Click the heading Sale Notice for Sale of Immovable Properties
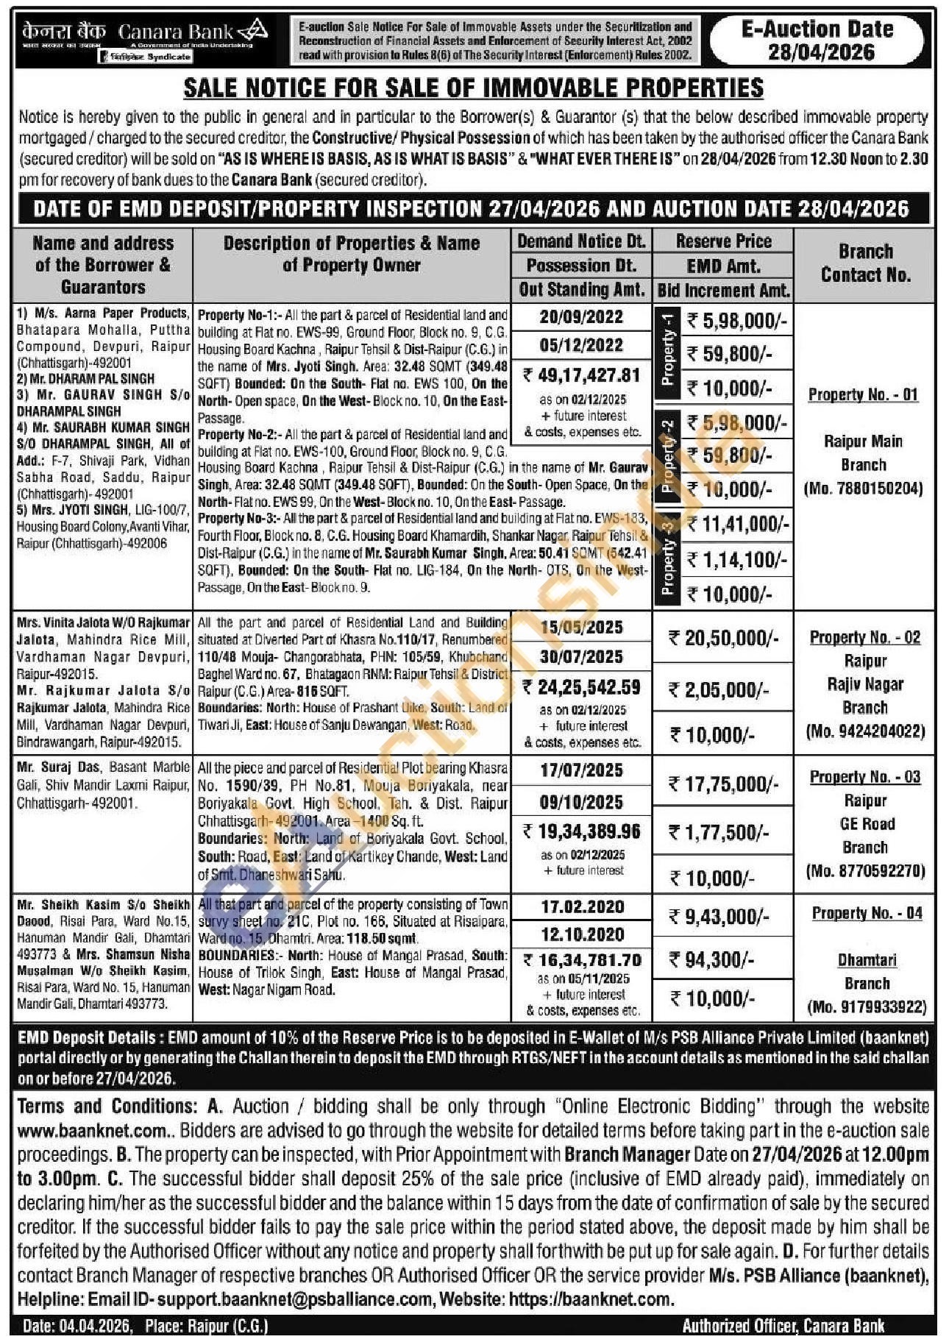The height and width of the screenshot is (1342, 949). pyautogui.click(x=473, y=88)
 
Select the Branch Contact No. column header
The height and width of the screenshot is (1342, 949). pyautogui.click(x=865, y=263)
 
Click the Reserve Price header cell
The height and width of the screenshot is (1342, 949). pyautogui.click(x=723, y=241)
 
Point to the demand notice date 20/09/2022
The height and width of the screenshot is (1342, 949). pyautogui.click(x=580, y=317)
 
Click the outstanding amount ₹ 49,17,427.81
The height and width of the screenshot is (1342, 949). pyautogui.click(x=581, y=375)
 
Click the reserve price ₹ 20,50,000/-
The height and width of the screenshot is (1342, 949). pyautogui.click(x=723, y=638)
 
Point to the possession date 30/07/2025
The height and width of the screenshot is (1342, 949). pyautogui.click(x=580, y=656)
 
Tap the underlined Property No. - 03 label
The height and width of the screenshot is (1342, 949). pyautogui.click(x=865, y=777)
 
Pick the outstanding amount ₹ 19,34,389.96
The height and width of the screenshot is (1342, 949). pyautogui.click(x=581, y=831)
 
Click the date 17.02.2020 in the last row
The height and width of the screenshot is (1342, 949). pyautogui.click(x=582, y=906)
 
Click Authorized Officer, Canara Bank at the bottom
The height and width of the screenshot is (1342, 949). pyautogui.click(x=783, y=1326)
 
